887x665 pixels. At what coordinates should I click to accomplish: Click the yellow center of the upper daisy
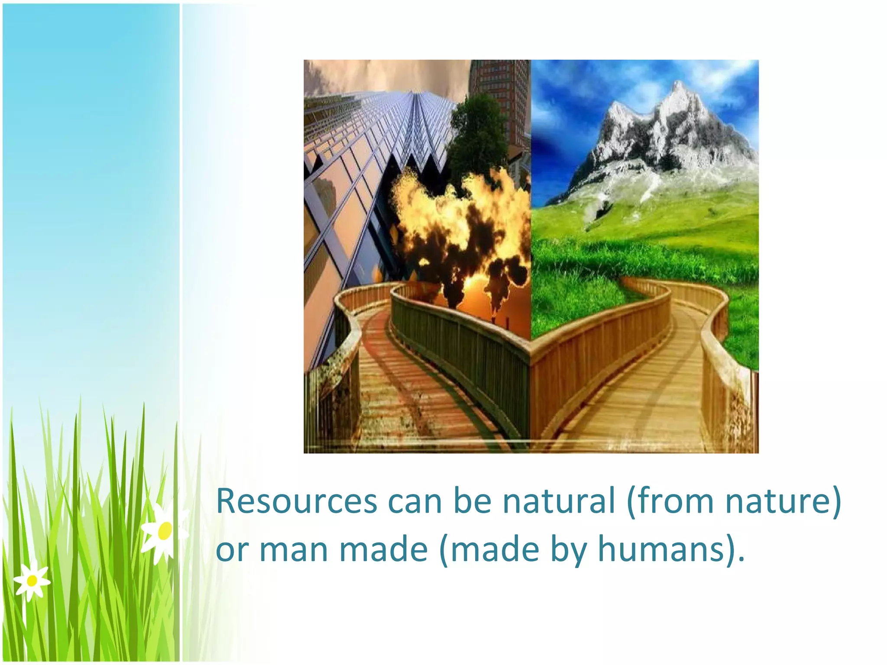pyautogui.click(x=165, y=531)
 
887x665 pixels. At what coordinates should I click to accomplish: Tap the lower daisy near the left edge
pyautogui.click(x=32, y=581)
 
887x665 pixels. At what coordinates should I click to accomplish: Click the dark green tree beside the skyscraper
pyautogui.click(x=476, y=130)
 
